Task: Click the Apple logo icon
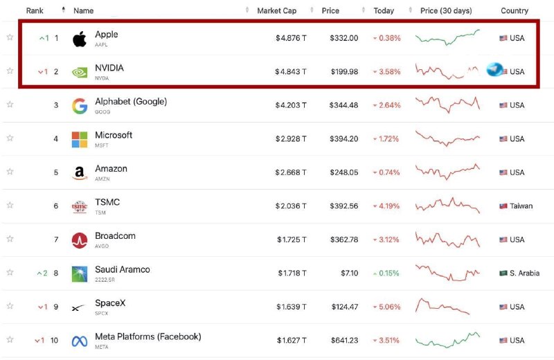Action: [80, 39]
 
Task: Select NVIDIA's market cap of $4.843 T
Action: [291, 72]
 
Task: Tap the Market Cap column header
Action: [276, 10]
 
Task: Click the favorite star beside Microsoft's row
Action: [10, 138]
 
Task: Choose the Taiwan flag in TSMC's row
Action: [503, 206]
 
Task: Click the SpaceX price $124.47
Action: [344, 307]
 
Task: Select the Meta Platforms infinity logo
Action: [80, 341]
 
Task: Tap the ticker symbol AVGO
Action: [102, 246]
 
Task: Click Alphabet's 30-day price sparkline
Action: [447, 105]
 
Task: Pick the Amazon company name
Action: [111, 168]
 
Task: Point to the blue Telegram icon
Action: [494, 70]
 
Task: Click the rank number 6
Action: [56, 206]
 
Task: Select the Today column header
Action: [384, 10]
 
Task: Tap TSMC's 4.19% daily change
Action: [386, 206]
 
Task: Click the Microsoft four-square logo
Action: [80, 139]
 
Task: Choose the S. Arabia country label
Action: [524, 273]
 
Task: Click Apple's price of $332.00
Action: [343, 38]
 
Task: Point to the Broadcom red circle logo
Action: [80, 240]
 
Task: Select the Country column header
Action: [515, 10]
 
